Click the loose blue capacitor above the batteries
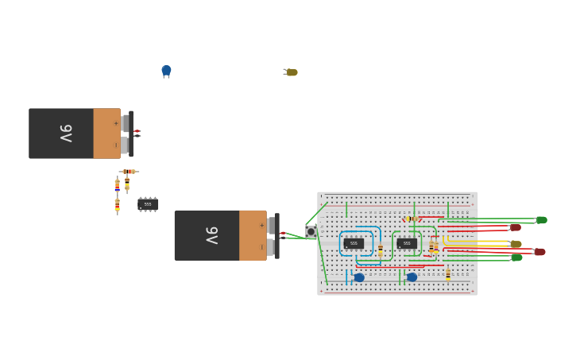[166, 71]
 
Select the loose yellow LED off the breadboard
[292, 72]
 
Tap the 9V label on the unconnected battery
[66, 133]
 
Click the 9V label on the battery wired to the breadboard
[211, 235]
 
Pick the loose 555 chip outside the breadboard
[148, 204]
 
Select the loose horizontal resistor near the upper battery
[129, 172]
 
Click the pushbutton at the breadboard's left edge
[311, 232]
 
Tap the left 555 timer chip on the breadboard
[354, 243]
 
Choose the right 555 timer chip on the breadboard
[407, 243]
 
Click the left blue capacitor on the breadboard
[359, 277]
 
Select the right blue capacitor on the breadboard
[412, 277]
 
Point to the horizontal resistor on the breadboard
[412, 219]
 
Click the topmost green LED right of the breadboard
[541, 220]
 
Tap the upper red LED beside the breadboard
[516, 228]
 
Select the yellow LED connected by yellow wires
[516, 244]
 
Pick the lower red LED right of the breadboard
[539, 252]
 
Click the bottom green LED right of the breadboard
[516, 257]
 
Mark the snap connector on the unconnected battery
[131, 133]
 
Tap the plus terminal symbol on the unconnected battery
[116, 123]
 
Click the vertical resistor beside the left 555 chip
[381, 250]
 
